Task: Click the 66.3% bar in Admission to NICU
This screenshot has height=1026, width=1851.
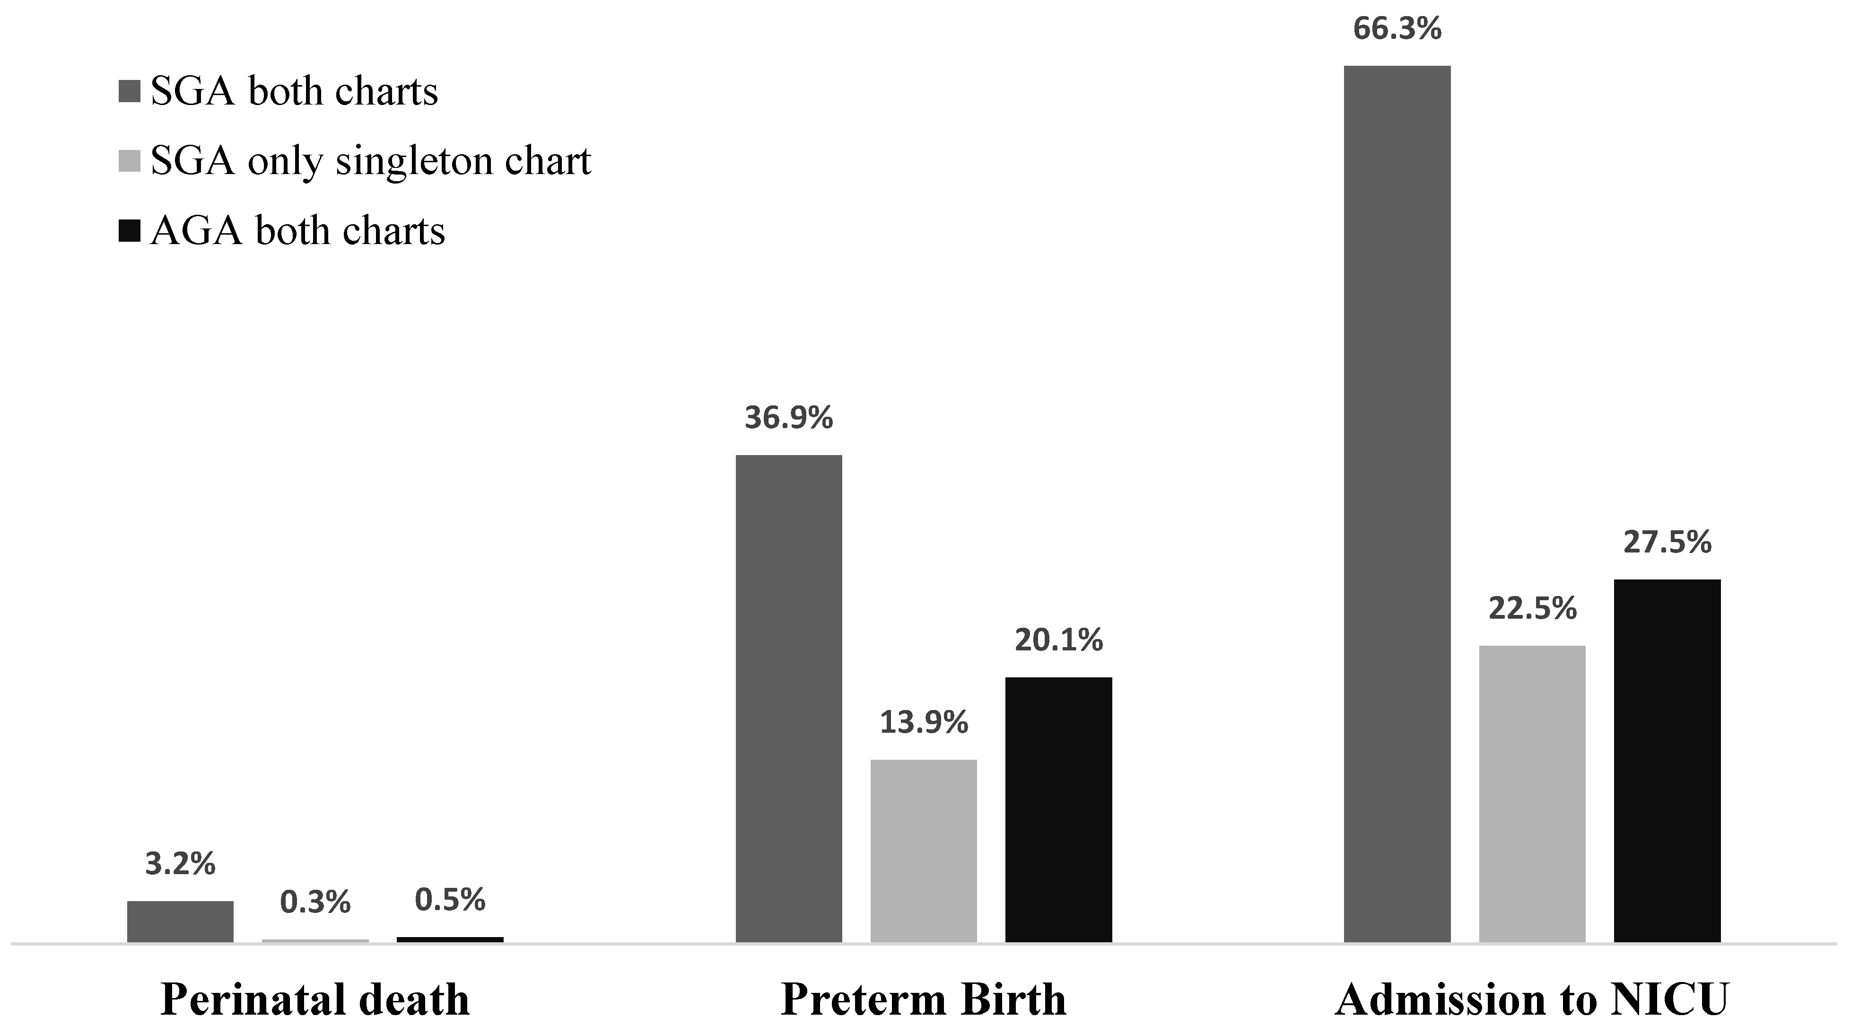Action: coord(1397,503)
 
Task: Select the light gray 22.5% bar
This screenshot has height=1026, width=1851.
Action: coord(1532,793)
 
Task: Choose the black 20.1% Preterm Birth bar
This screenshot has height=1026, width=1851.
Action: coord(1058,809)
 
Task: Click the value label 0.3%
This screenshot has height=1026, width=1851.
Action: coord(315,903)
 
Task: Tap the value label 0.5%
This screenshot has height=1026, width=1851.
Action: coord(450,900)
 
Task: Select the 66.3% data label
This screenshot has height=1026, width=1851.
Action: coord(1397,29)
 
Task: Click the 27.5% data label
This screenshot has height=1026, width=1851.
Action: coord(1667,543)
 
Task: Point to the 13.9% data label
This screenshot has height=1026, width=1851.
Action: coord(923,723)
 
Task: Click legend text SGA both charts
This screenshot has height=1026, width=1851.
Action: coord(294,92)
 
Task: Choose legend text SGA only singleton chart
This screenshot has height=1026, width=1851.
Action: coord(370,161)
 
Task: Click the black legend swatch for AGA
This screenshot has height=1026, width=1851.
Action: coord(129,231)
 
